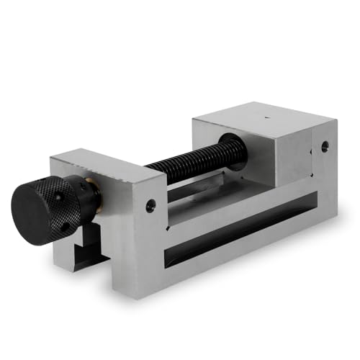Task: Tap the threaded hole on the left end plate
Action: coord(150,206)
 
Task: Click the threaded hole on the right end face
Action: coord(325,146)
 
